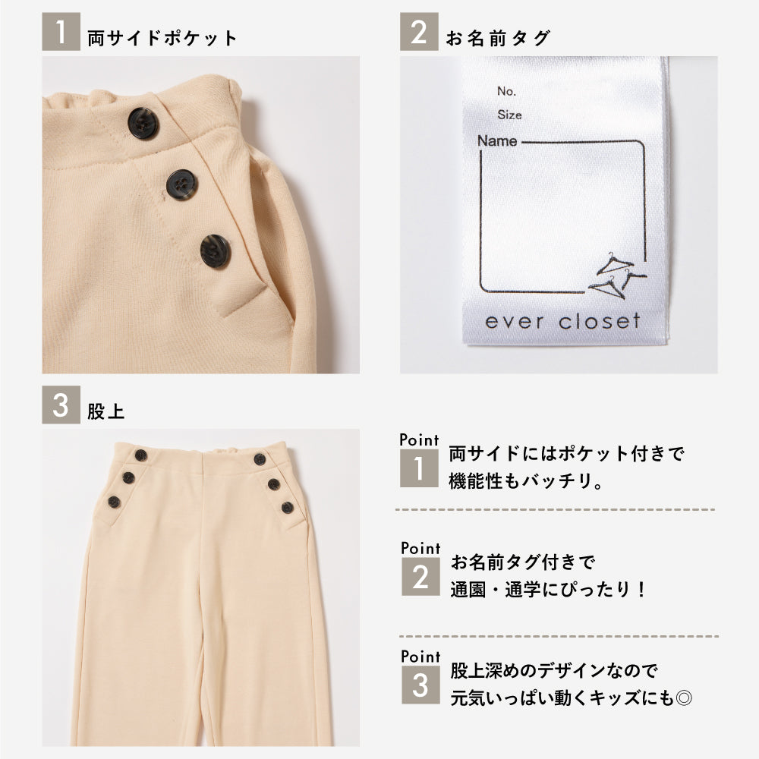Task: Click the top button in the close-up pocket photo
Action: (x=143, y=123)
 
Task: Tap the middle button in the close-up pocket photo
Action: (x=181, y=185)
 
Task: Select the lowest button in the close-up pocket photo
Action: (x=216, y=251)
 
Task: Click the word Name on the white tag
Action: (x=497, y=141)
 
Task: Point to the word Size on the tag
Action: (x=509, y=115)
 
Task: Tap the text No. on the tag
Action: (x=506, y=91)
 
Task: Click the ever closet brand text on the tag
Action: (x=562, y=321)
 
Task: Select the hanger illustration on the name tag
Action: (x=616, y=275)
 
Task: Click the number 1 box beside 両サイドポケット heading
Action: (x=61, y=32)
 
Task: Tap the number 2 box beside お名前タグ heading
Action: (x=419, y=32)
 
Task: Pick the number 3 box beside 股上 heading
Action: (x=61, y=405)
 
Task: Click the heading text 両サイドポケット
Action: (x=162, y=38)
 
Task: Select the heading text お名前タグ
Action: (x=498, y=38)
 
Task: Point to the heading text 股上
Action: (x=106, y=411)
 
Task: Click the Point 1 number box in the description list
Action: (x=419, y=468)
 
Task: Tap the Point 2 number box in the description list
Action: (x=420, y=577)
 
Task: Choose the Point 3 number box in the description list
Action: (x=420, y=685)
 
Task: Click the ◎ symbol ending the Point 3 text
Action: (x=684, y=698)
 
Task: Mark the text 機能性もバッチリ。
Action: (x=526, y=481)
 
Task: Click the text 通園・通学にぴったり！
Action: (x=547, y=590)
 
